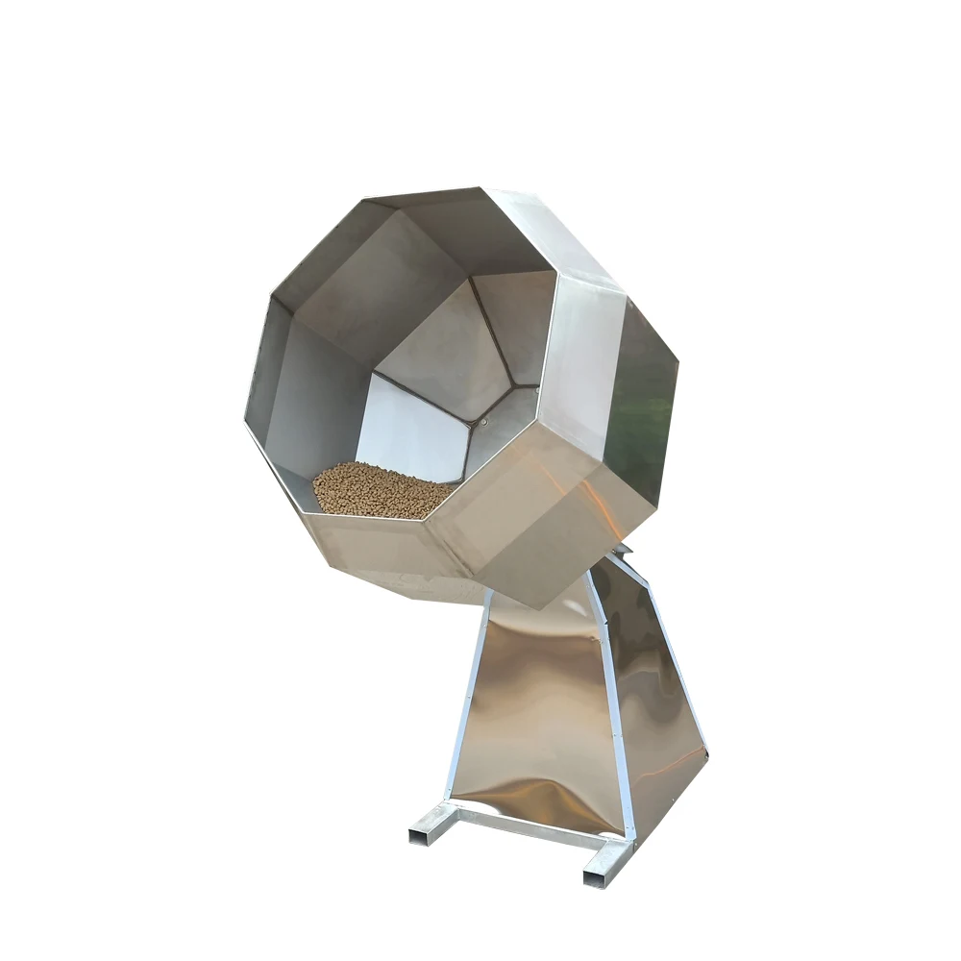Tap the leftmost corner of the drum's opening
[246, 423]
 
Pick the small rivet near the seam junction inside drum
[484, 420]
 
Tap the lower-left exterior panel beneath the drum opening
[384, 553]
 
